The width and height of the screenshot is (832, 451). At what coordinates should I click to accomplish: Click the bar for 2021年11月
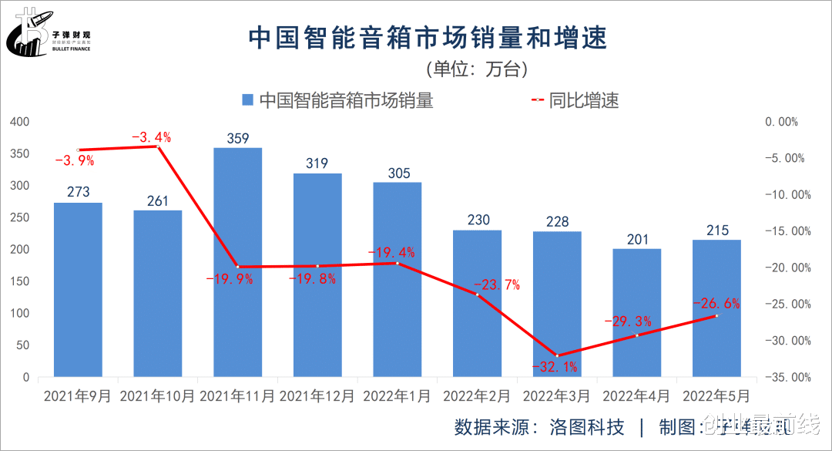(237, 262)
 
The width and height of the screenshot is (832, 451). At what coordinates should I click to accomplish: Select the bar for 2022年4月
(636, 312)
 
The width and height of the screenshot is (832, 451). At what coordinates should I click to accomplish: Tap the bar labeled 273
(78, 290)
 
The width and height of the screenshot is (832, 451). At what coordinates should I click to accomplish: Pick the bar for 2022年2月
(477, 304)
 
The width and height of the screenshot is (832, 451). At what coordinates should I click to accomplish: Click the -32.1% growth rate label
(554, 366)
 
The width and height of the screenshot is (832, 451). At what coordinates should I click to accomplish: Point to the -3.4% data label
(151, 138)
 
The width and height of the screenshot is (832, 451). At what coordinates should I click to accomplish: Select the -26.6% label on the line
(716, 303)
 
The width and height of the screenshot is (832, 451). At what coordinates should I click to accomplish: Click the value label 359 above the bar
(237, 139)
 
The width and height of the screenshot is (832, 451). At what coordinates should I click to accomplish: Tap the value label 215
(716, 231)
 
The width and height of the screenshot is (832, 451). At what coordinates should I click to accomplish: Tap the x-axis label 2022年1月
(397, 396)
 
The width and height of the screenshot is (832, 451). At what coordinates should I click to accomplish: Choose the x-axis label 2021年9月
(78, 396)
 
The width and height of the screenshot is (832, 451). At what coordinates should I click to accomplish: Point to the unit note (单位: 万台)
(476, 69)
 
